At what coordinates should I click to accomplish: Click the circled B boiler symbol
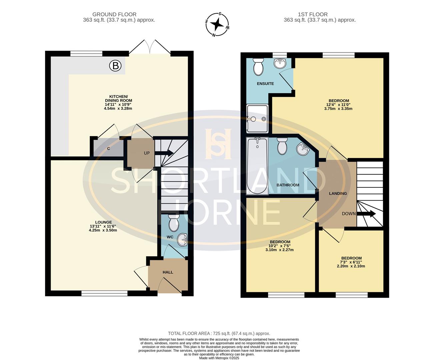tap(115, 66)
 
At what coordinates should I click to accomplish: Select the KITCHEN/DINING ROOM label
tap(118, 99)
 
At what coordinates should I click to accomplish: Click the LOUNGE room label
tap(103, 222)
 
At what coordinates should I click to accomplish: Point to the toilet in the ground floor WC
tap(174, 223)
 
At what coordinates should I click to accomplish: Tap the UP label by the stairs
tap(147, 153)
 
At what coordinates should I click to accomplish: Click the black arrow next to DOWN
tap(366, 213)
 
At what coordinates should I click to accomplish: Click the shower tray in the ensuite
tap(257, 119)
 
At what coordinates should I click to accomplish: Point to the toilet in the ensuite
tap(258, 67)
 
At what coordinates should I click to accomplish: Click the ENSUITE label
tap(265, 84)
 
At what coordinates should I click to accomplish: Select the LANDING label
tap(338, 194)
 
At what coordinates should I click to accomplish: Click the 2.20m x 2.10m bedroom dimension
tap(351, 266)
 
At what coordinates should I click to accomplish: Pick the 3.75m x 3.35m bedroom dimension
tap(338, 108)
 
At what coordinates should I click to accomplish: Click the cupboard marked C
tap(109, 148)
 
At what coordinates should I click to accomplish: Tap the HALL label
tap(168, 272)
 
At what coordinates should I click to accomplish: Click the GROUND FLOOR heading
tap(114, 15)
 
